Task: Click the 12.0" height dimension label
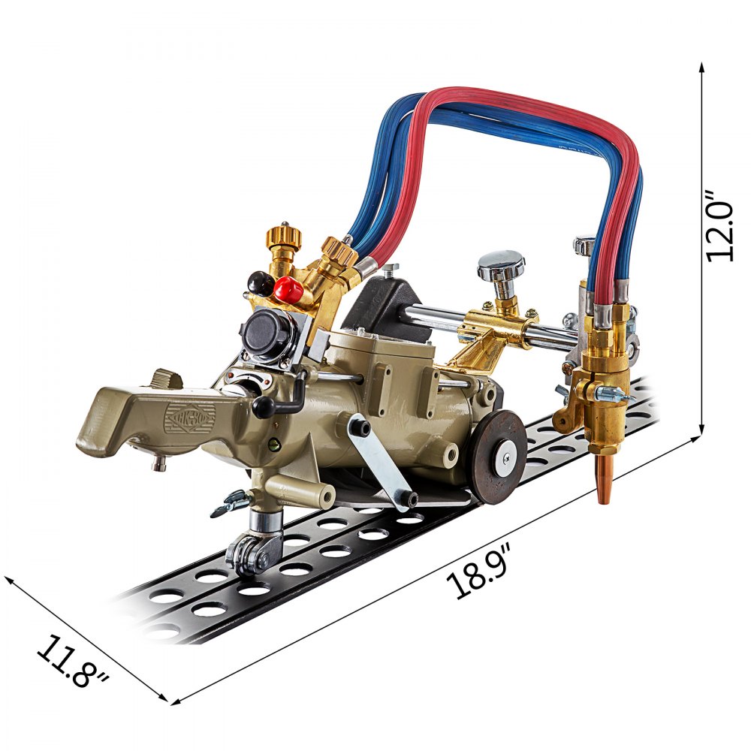tap(720, 226)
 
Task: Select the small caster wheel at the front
tap(250, 554)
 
